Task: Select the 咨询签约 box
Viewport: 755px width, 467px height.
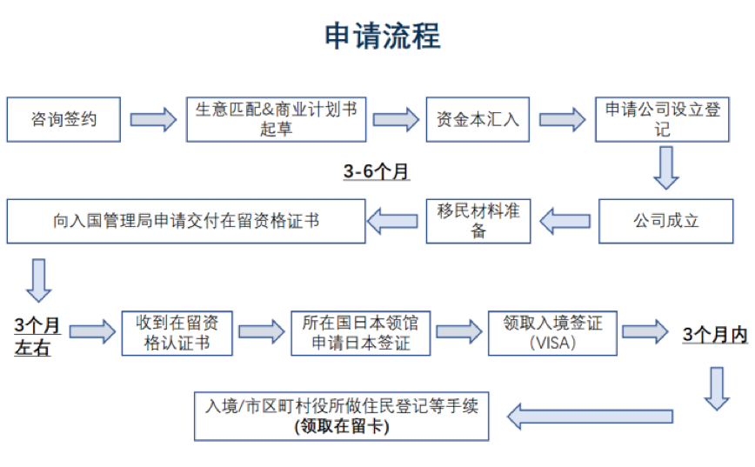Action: coord(63,119)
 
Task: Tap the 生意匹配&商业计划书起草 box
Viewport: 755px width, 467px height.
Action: coord(276,119)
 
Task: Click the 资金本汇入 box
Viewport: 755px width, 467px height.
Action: coord(477,119)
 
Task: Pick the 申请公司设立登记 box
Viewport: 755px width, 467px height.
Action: coord(663,119)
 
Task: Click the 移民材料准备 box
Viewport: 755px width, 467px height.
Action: coord(478,221)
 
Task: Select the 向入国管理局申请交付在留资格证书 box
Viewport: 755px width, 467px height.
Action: coord(186,221)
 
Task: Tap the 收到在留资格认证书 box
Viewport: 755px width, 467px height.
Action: coord(177,332)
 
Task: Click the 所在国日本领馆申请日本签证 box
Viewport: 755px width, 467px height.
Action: coord(360,332)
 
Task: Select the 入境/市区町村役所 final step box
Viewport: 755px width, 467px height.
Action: coord(342,415)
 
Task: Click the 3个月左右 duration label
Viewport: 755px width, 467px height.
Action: coord(37,337)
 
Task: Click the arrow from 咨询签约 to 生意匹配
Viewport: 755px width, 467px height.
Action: coord(154,119)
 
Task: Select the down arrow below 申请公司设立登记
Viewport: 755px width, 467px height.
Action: coord(666,167)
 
